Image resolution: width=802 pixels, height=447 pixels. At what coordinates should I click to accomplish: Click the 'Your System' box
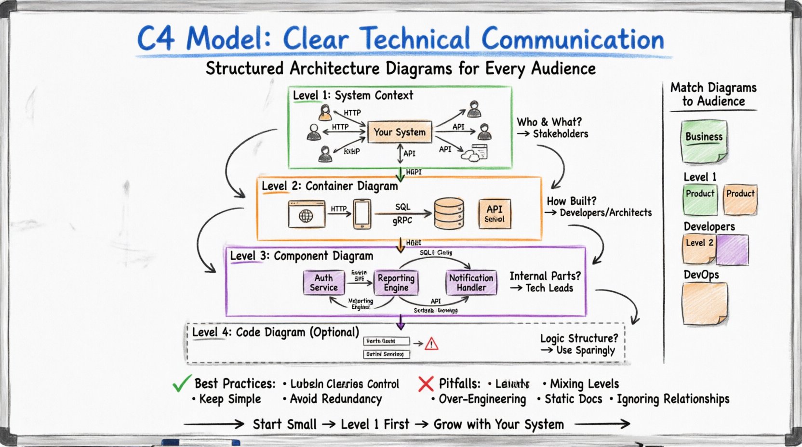pyautogui.click(x=400, y=132)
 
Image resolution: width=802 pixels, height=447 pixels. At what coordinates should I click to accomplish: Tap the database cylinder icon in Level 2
pyautogui.click(x=449, y=213)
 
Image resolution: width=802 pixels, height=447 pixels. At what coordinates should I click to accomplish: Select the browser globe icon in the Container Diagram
pyautogui.click(x=307, y=215)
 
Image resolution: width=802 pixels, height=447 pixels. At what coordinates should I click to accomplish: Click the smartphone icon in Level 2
pyautogui.click(x=362, y=214)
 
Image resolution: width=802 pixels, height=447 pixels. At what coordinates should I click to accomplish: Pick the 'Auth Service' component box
pyautogui.click(x=323, y=283)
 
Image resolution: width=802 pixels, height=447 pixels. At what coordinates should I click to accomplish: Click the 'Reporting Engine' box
pyautogui.click(x=396, y=283)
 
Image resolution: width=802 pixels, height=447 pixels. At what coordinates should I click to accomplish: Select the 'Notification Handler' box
pyautogui.click(x=471, y=283)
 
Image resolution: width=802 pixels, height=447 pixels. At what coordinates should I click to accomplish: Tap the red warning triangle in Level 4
pyautogui.click(x=431, y=343)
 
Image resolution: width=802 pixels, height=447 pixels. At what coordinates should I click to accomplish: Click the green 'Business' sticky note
pyautogui.click(x=704, y=141)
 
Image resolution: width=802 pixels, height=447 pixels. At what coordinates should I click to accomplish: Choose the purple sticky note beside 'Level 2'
pyautogui.click(x=732, y=250)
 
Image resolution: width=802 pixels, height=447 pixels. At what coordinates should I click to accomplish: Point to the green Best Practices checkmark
pyautogui.click(x=182, y=383)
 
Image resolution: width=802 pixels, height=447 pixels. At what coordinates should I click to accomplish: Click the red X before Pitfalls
pyautogui.click(x=426, y=384)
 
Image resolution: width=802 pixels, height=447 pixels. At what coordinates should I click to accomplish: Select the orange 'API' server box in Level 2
pyautogui.click(x=495, y=213)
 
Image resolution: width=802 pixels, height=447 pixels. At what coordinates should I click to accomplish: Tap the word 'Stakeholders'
pyautogui.click(x=560, y=134)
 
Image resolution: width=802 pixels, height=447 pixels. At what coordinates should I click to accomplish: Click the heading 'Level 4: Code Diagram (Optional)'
pyautogui.click(x=275, y=332)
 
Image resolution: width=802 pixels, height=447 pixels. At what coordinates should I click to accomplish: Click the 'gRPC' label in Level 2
pyautogui.click(x=402, y=221)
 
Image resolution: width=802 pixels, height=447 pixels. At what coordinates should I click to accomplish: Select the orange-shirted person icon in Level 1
pyautogui.click(x=326, y=113)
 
